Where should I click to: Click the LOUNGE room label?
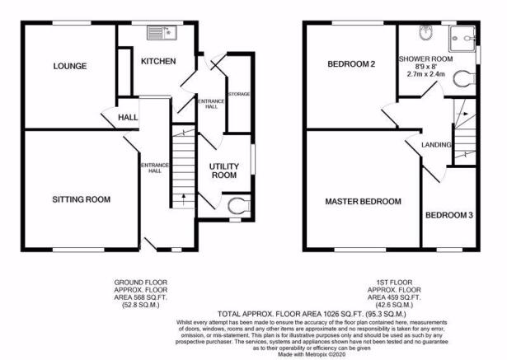coord(70,66)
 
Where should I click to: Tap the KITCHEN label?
coord(158,61)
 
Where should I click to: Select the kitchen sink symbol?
coord(162,33)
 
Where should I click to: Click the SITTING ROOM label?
coord(81,199)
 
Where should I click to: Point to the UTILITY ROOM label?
coord(224,171)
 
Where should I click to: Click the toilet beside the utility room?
coord(239,206)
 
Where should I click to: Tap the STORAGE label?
coord(239,94)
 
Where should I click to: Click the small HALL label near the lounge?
coord(128,117)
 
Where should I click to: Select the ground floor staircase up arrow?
coord(184,199)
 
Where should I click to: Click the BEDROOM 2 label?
coord(351,64)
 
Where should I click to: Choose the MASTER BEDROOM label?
coord(363,202)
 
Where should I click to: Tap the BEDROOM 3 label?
coord(449,215)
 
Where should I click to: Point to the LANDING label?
coord(436,145)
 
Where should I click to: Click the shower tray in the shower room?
coord(462,39)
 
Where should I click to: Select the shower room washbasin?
coord(425,33)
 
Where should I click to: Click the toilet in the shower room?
coord(464,79)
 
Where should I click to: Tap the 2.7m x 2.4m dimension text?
coord(425,74)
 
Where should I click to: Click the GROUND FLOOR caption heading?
coord(141,283)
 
